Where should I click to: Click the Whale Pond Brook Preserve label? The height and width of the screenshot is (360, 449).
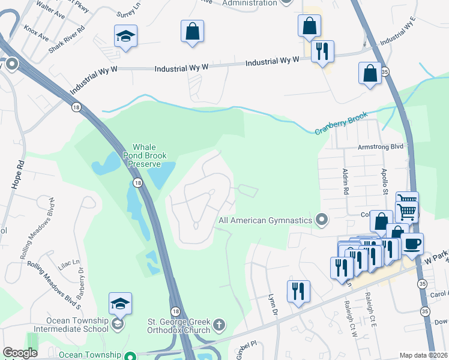pos(146,155)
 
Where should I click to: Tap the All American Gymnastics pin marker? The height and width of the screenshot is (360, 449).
pos(322,220)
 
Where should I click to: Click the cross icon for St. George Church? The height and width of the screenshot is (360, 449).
pos(220,325)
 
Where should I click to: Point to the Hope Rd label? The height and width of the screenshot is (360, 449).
pos(17,175)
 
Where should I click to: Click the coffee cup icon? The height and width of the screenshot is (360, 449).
pos(412,244)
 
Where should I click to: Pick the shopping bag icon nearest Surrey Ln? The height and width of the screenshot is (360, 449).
pos(193,32)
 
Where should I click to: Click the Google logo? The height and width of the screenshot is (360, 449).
pos(20,353)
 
